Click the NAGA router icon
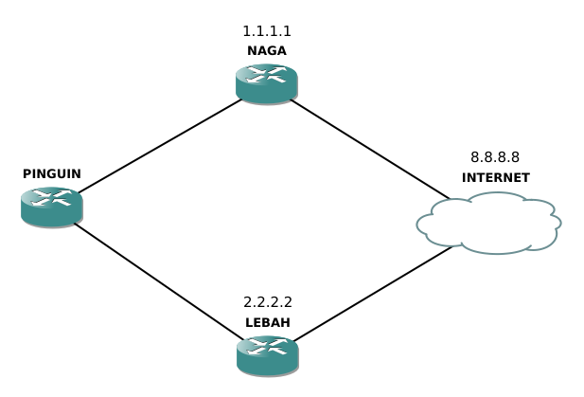pos(267,82)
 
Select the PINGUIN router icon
pos(51,206)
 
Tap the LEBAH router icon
pos(267,353)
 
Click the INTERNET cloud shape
pos(488,224)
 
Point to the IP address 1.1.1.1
pos(267,31)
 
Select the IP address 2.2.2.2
pos(268,303)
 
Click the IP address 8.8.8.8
pos(495,157)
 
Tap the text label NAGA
pos(267,51)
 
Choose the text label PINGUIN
pos(52,174)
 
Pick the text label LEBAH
pos(268,323)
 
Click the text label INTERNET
pos(495,178)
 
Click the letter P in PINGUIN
pos(27,174)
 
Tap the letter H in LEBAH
pos(285,323)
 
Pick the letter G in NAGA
pos(272,51)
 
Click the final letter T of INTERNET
pos(525,178)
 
